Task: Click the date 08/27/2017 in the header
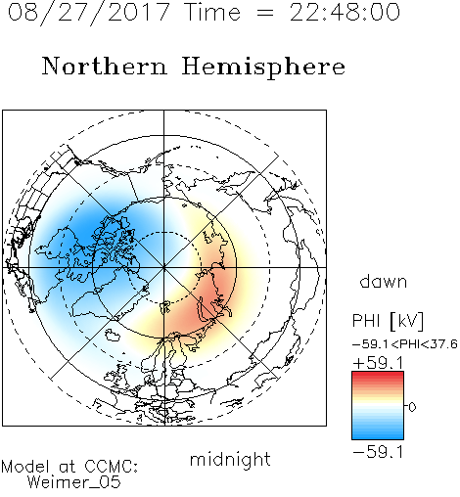pos(89,13)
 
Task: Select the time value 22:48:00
pos(345,13)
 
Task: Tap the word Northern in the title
pos(105,66)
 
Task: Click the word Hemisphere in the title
pos(263,67)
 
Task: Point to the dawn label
pos(384,281)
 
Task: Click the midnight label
pos(230,459)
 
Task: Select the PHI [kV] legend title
pos(388,321)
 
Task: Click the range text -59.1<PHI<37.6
pos(405,344)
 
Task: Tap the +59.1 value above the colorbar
pos(378,363)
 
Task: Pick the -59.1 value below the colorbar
pos(378,452)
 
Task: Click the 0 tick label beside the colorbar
pos(412,407)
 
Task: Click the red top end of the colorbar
pos(378,375)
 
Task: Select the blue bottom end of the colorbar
pos(378,436)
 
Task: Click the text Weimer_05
pos(74,482)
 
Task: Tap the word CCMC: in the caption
pos(112,467)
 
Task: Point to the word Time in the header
pos(212,13)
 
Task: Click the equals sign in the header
pos(265,13)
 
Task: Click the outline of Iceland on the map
pos(114,335)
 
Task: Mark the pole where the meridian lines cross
pos(164,267)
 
